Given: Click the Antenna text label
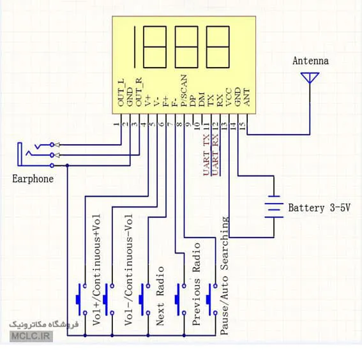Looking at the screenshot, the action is (x=310, y=61).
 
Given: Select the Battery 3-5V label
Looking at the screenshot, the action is (x=319, y=207).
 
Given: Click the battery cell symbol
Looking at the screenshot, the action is (x=274, y=207).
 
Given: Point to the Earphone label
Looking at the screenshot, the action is (x=33, y=179).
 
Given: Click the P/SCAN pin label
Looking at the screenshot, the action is (x=184, y=90).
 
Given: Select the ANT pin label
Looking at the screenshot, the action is (x=246, y=97).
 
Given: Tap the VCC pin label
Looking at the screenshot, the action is (x=229, y=97).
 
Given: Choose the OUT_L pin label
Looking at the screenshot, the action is (x=121, y=93).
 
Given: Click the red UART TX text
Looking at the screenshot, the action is (x=206, y=155).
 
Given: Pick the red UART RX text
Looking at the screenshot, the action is (x=215, y=155).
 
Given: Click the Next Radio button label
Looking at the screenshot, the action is (x=160, y=296).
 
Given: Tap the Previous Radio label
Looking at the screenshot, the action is (x=196, y=284).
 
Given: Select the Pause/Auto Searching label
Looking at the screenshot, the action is (x=224, y=275).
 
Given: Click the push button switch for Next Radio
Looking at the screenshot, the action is (x=145, y=299).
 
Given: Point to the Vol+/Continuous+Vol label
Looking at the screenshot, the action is (x=96, y=270).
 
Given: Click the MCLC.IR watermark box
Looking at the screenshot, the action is (x=31, y=336).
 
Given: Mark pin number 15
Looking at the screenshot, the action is (x=243, y=126).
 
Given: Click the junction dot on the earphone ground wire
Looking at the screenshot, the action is (x=67, y=165).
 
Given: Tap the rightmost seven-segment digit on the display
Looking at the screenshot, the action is (x=218, y=47).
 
